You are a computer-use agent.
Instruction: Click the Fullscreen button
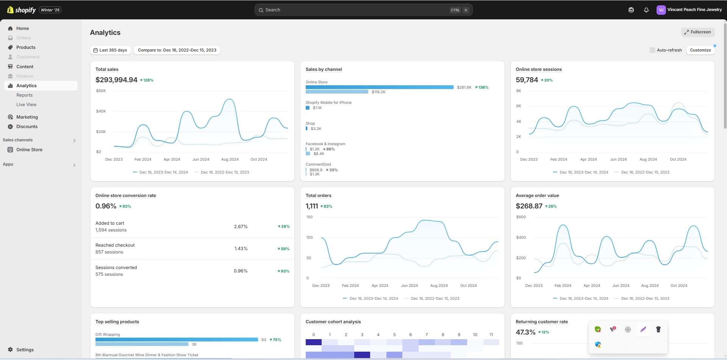(x=698, y=32)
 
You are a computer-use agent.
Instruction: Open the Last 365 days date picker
(x=110, y=50)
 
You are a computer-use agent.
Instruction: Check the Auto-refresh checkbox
(x=652, y=50)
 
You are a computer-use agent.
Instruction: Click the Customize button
(x=700, y=50)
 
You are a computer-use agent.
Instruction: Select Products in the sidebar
(x=26, y=47)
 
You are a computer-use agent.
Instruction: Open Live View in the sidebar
(x=27, y=105)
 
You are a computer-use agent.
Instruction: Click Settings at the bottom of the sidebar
(x=25, y=350)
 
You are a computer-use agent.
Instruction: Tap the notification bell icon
(x=646, y=10)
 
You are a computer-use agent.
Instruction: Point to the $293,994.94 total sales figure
(x=116, y=80)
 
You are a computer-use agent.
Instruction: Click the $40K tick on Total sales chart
(x=101, y=111)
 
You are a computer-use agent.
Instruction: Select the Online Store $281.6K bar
(x=379, y=87)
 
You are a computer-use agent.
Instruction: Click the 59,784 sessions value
(x=527, y=80)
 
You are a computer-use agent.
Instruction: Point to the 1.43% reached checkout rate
(x=241, y=249)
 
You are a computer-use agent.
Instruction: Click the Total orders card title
(x=318, y=196)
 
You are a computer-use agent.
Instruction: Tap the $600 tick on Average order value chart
(x=521, y=217)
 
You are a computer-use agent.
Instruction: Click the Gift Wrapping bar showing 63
(x=177, y=340)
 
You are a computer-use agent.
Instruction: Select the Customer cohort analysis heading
(x=333, y=322)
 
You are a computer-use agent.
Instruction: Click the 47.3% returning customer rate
(x=525, y=332)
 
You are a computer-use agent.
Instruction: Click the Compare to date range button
(x=177, y=50)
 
